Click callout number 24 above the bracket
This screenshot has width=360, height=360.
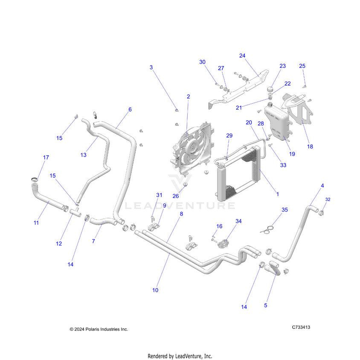[242, 55]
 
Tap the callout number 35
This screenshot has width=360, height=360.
[285, 209]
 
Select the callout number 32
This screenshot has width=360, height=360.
[328, 200]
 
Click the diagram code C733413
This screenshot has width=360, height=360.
[301, 327]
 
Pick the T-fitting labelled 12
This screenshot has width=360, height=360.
[75, 212]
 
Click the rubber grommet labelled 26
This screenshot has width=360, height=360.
[186, 185]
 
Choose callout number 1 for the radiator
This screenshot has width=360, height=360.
[278, 194]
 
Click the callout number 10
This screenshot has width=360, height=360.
[155, 290]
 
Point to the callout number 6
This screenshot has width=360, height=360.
[130, 109]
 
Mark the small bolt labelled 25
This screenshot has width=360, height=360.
[305, 87]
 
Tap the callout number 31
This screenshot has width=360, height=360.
[159, 195]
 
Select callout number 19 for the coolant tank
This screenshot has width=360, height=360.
[292, 154]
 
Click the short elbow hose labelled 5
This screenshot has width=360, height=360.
[272, 267]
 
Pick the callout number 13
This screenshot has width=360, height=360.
[83, 155]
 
